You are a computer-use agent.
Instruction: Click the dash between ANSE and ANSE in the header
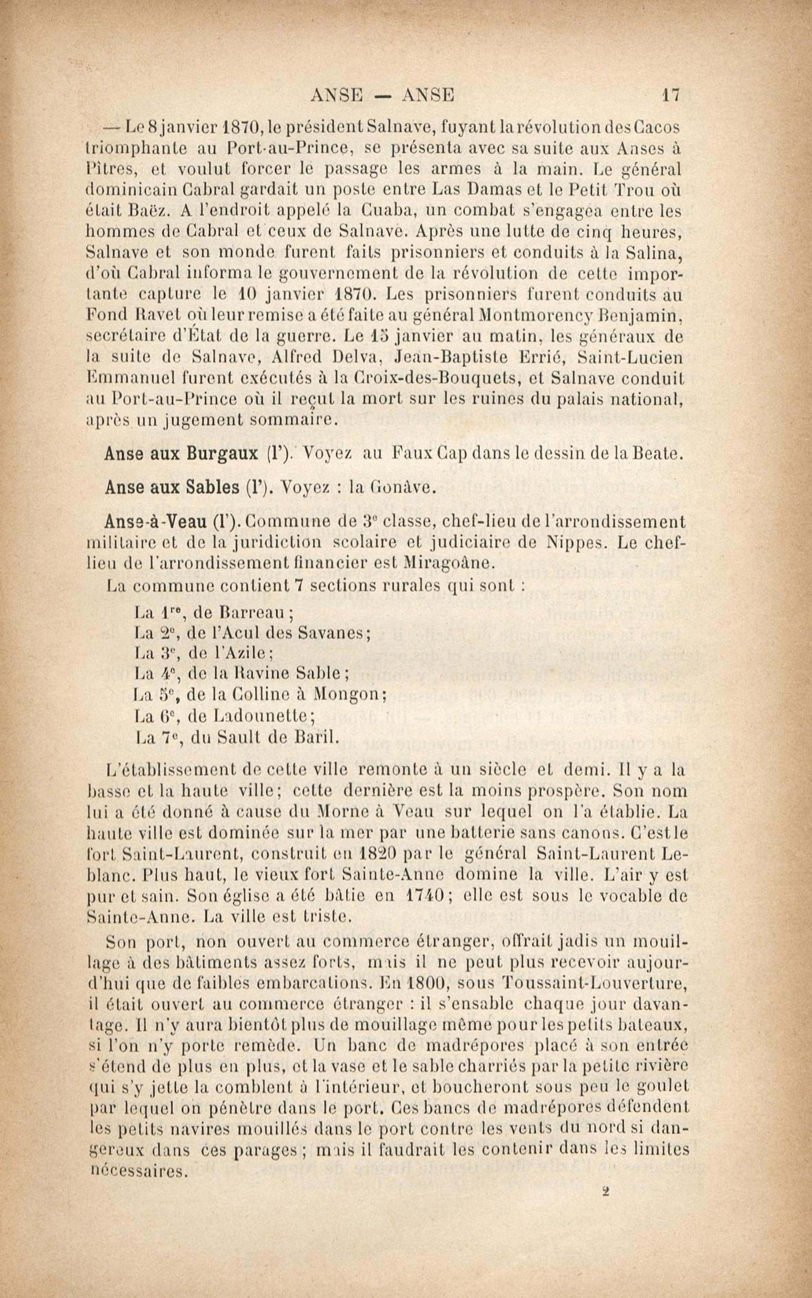coord(383,96)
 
